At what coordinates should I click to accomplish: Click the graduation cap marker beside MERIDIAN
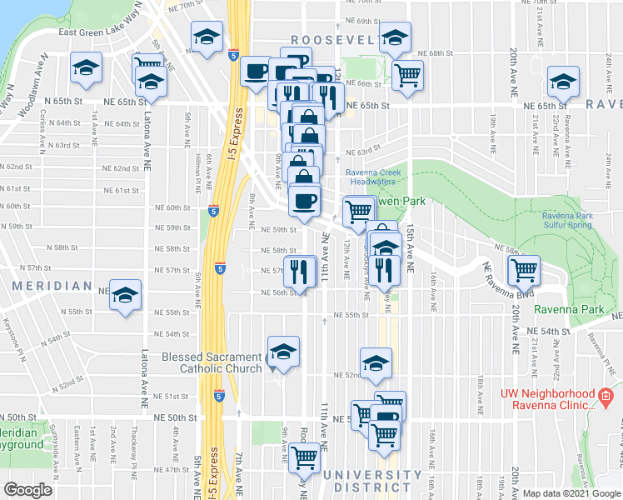click(126, 296)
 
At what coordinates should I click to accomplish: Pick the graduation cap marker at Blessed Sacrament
click(283, 352)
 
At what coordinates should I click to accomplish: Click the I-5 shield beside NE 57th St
click(219, 268)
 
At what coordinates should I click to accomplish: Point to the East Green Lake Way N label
click(116, 32)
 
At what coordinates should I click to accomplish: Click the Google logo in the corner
click(28, 490)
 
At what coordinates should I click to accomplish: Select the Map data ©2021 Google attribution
click(571, 493)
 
